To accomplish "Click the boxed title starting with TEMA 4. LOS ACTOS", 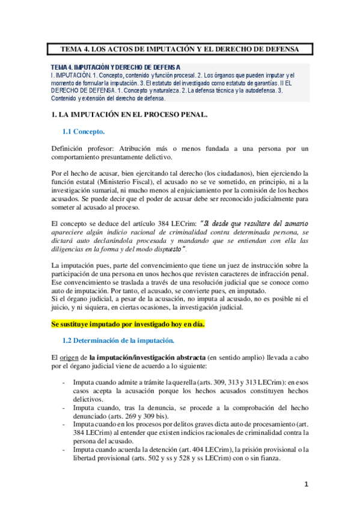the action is (x=180, y=49).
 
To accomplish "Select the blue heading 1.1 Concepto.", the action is (x=84, y=131).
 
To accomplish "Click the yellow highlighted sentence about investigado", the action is (x=128, y=324).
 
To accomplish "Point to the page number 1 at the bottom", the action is (x=306, y=484).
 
